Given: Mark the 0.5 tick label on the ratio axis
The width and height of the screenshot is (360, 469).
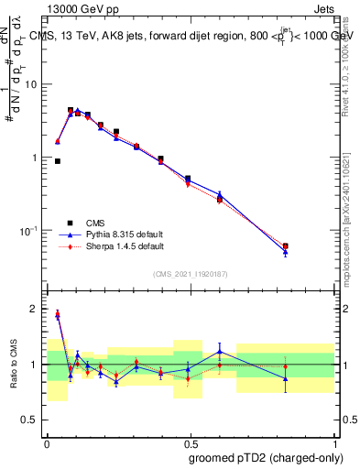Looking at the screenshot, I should click(32, 420).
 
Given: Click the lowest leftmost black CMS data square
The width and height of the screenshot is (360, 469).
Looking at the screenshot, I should click(58, 161).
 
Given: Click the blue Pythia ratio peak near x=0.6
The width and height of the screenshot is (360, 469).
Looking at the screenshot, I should click(220, 351).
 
